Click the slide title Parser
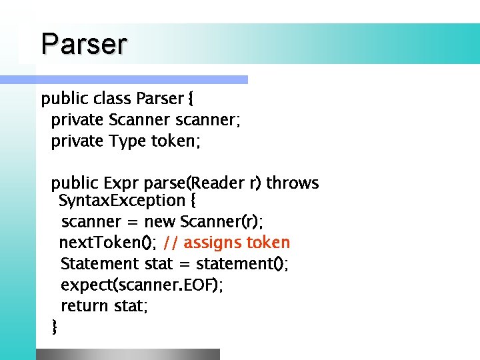click(83, 44)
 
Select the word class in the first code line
click(112, 99)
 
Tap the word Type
click(127, 141)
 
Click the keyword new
click(161, 221)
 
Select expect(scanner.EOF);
click(142, 285)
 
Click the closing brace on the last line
click(55, 327)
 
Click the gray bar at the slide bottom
click(127, 354)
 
